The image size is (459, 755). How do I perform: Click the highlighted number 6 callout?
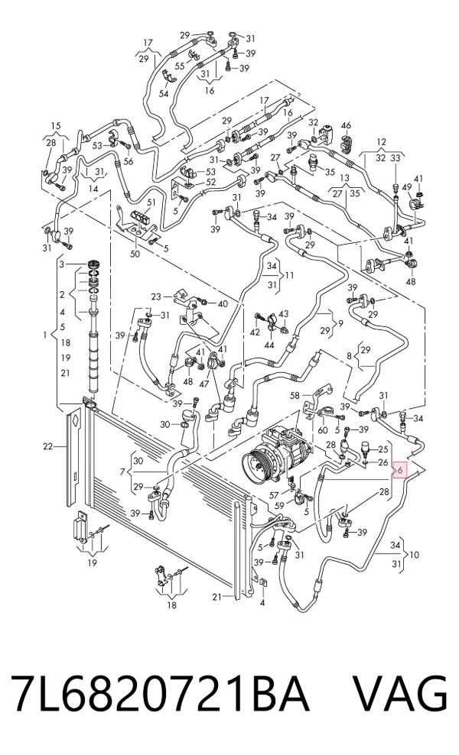[x=401, y=469]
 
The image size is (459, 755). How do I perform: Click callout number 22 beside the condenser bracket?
[x=47, y=447]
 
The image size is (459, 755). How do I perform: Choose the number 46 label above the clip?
[x=346, y=126]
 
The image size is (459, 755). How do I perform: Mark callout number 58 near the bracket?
[x=295, y=396]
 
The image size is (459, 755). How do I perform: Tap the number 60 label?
[x=322, y=429]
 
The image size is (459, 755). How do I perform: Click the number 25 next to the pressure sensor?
[x=382, y=449]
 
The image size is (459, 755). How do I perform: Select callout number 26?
[x=382, y=463]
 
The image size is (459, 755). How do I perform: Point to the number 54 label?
[x=164, y=93]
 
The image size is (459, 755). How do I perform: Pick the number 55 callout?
[x=179, y=66]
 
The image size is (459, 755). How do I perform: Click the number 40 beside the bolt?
[x=223, y=303]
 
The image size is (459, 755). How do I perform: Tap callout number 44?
[x=269, y=345]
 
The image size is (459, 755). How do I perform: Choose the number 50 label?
[x=135, y=253]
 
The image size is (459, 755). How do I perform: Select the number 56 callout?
[x=128, y=162]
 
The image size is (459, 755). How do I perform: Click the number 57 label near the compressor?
[x=274, y=494]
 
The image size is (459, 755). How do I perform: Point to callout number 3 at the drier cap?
[x=61, y=264]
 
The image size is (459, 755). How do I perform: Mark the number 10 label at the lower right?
[x=414, y=555]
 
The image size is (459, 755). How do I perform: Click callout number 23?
[x=156, y=296]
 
